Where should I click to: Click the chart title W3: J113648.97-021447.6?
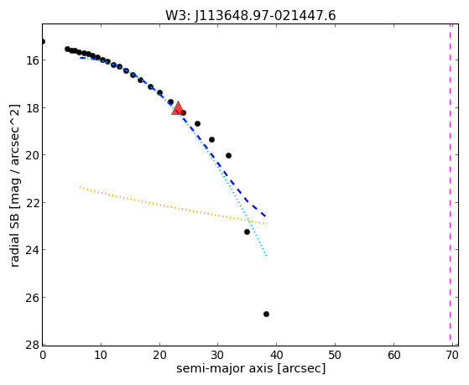pos(251,15)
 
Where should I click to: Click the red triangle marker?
pos(178,108)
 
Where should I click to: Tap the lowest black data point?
pos(266,314)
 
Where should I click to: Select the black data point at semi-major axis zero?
pos(43,41)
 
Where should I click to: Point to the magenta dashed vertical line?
pos(451,185)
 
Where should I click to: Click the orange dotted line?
pos(174,206)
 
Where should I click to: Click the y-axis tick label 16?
pos(33,60)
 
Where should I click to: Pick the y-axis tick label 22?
pos(33,202)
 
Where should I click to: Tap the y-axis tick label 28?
pos(33,345)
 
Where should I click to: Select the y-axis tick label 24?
pos(33,250)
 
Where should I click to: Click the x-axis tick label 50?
pos(335,355)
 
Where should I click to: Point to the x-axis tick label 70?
pos(452,355)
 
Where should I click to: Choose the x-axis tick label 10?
pos(101,355)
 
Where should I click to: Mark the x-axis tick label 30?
pos(218,355)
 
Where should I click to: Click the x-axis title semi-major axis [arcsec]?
pos(251,368)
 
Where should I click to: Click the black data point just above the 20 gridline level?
pos(228,155)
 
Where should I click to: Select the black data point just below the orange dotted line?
pos(247,232)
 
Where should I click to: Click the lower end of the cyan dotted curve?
pos(266,256)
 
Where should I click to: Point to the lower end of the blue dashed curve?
pos(266,216)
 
